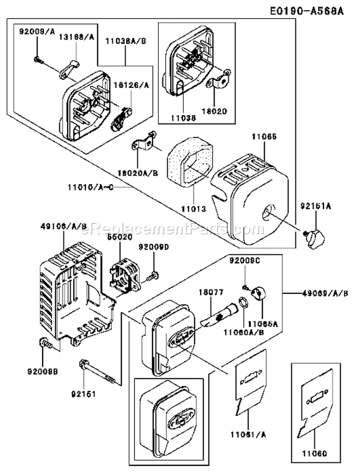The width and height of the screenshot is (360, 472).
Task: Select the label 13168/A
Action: (76, 36)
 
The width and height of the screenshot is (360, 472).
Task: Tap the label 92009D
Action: (154, 247)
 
